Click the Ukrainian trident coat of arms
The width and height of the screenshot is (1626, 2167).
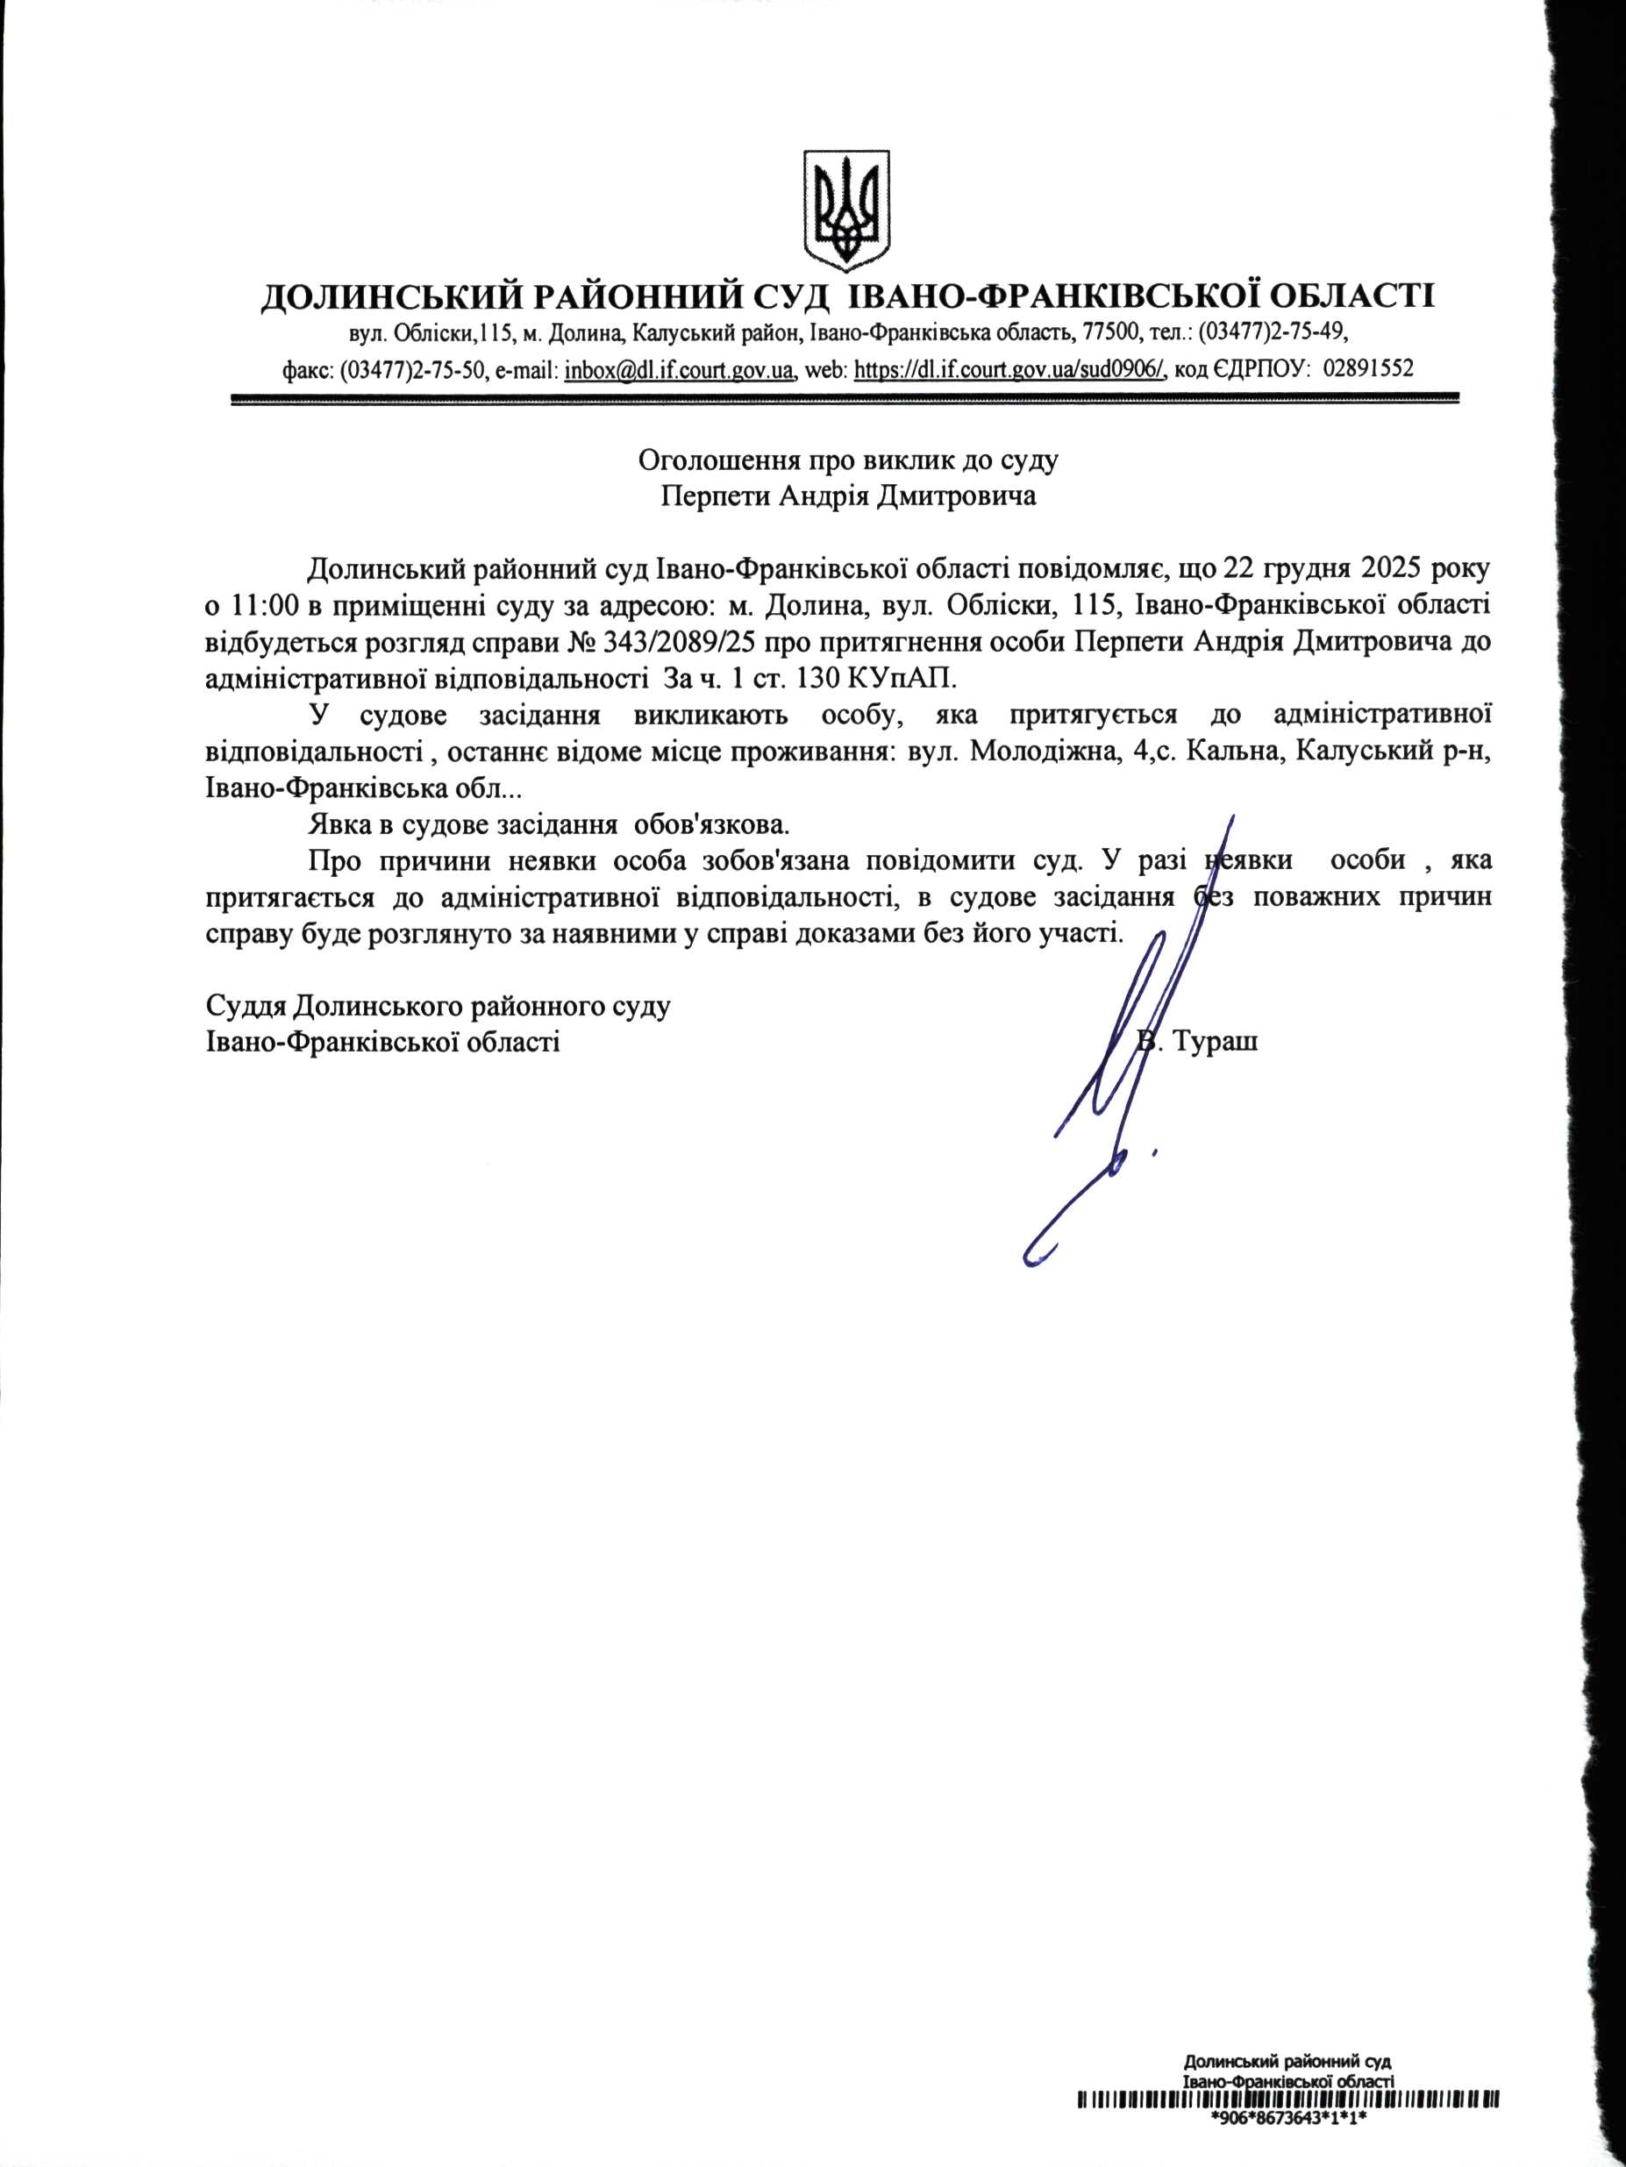[x=846, y=210]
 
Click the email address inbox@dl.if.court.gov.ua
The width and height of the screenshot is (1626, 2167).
[x=679, y=370]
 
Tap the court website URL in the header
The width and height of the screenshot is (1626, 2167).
[x=1009, y=370]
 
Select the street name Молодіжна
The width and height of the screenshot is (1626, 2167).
[x=1043, y=752]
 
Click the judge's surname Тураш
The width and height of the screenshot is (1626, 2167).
[x=1215, y=1040]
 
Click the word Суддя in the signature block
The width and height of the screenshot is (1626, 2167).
[x=245, y=1006]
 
